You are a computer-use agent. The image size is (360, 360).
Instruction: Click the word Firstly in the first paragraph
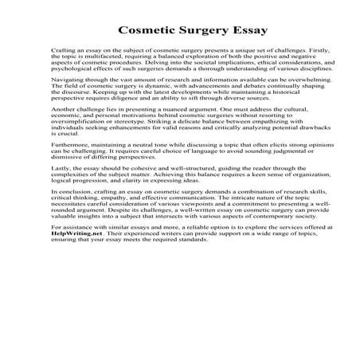pos(302,52)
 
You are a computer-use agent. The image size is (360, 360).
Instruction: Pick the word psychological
pos(72,72)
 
